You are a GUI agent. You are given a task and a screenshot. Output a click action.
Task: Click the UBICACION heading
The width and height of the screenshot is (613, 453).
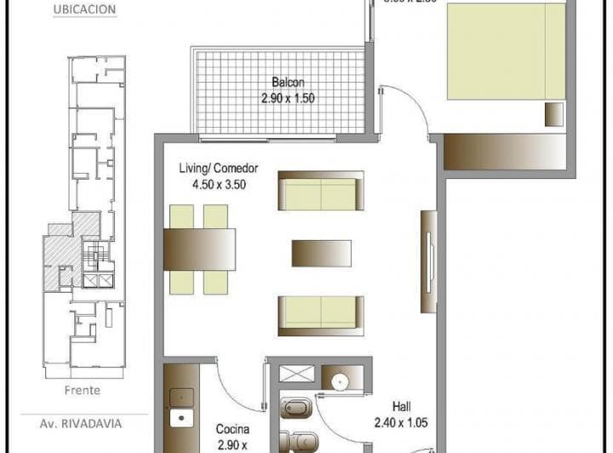tap(84, 10)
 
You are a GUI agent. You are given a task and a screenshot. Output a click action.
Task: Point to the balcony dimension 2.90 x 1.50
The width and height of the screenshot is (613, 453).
tap(288, 98)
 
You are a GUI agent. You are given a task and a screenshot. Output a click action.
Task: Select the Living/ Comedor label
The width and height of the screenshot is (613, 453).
tap(218, 168)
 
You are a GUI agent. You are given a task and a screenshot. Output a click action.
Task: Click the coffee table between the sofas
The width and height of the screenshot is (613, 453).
tap(321, 252)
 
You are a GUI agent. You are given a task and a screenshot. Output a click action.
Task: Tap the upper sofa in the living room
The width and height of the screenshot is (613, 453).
tap(321, 191)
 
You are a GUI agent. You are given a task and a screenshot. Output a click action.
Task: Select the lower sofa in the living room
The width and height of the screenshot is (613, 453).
tap(321, 315)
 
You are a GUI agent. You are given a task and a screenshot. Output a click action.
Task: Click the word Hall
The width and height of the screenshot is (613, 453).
tap(403, 406)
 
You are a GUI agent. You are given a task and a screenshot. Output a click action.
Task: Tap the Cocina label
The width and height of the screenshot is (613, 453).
tap(232, 429)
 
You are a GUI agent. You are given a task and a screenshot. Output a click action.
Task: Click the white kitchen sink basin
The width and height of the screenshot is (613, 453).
tap(180, 418)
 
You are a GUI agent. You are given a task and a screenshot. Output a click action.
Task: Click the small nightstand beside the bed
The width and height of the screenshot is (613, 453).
tap(554, 113)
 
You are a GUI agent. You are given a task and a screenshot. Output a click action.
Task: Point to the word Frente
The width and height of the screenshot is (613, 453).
tap(82, 391)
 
